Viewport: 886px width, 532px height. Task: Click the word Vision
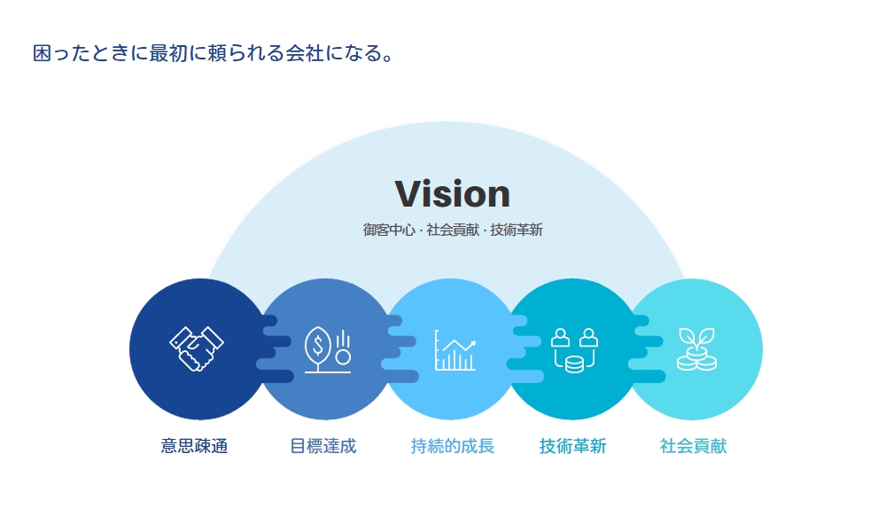pos(452,194)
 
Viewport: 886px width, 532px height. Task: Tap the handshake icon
pos(197,348)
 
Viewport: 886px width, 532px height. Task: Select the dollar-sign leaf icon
pos(328,349)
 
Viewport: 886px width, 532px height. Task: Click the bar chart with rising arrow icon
pos(455,350)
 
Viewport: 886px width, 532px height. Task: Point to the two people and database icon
pos(574,350)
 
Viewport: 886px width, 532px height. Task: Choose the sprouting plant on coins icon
pos(696,348)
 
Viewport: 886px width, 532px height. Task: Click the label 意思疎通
pos(194,446)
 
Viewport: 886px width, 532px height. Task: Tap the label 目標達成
pos(323,446)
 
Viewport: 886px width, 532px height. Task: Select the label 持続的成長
pos(453,446)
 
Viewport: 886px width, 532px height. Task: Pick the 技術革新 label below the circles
pos(573,446)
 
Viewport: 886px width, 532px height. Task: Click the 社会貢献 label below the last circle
pos(694,446)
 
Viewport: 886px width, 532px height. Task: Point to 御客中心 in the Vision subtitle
pos(389,231)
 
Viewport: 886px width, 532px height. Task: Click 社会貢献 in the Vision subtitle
pos(453,231)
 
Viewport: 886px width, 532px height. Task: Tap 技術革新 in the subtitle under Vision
pos(517,231)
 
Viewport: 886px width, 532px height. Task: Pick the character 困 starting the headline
pos(43,53)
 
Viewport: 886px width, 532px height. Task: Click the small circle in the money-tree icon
pos(343,357)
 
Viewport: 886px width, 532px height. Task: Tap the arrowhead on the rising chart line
pos(472,343)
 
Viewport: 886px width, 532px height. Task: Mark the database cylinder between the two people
pos(574,364)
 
